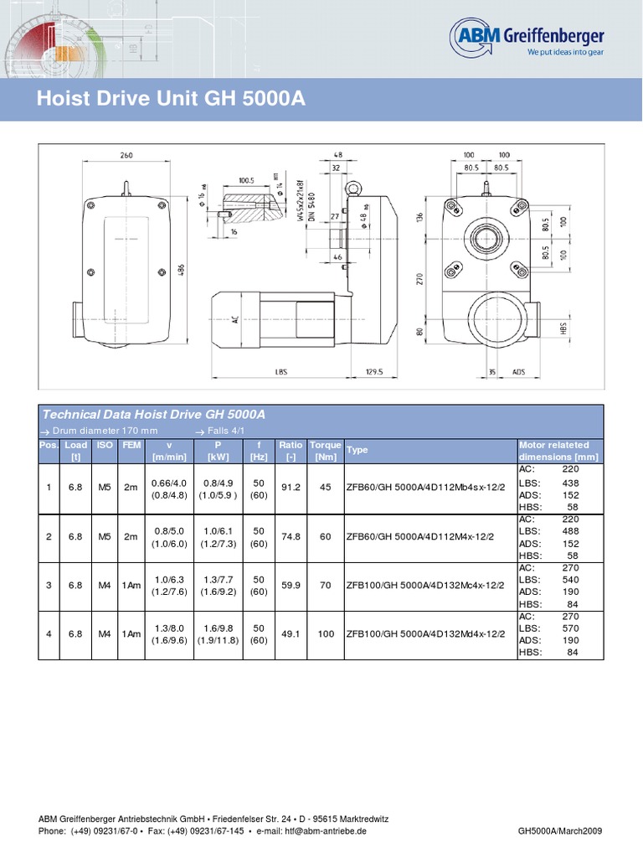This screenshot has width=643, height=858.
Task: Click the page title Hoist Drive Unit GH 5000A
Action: pos(172,100)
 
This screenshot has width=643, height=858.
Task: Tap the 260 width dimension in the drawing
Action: pos(126,155)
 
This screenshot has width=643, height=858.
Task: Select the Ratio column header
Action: pos(291,445)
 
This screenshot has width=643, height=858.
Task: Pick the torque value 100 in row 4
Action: pos(325,633)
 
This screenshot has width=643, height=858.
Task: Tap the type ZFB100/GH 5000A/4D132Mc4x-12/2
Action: pos(425,585)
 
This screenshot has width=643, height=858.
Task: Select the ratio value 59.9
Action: pos(291,585)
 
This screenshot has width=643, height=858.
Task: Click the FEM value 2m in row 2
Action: pos(131,536)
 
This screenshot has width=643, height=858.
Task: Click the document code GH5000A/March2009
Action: pos(560,830)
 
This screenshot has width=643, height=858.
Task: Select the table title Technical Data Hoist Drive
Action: pos(153,415)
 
